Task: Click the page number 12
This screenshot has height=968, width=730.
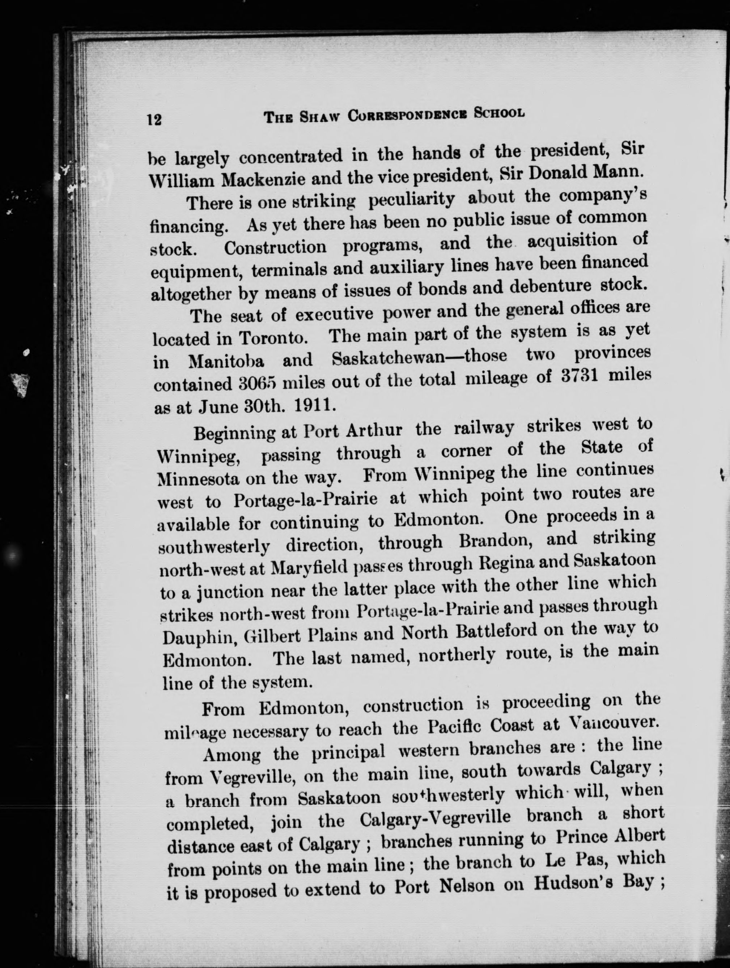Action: [x=154, y=119]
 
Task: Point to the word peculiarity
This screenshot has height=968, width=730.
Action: [x=412, y=200]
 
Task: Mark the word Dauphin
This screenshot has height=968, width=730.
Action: [x=200, y=637]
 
